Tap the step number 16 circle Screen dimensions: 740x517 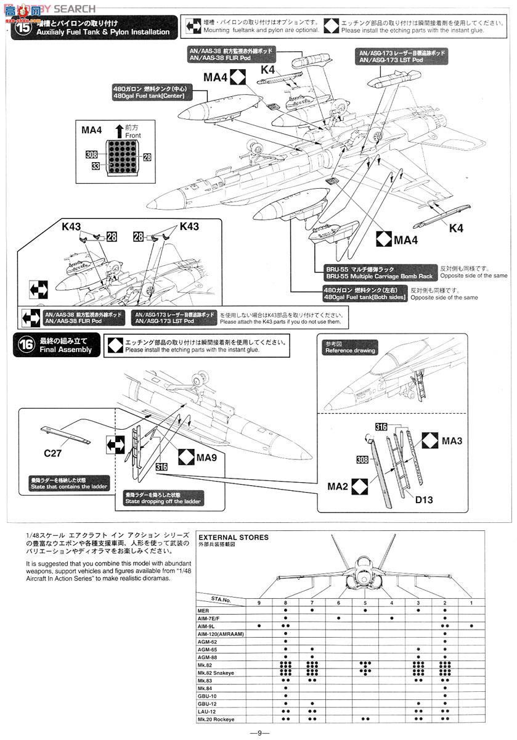tap(25, 345)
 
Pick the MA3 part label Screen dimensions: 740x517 tap(451, 441)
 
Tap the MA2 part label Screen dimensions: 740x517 tap(338, 487)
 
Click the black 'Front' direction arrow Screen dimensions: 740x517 tap(119, 130)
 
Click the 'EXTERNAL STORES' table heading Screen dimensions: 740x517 tap(234, 537)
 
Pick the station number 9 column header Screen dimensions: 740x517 tap(259, 602)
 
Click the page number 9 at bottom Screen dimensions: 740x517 tap(259, 733)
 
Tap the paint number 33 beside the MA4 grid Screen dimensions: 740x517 tap(96, 166)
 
